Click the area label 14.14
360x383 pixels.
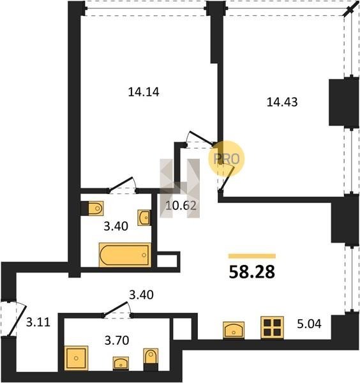[x=144, y=92]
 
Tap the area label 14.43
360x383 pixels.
[x=282, y=102]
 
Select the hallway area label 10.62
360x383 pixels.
[x=181, y=206]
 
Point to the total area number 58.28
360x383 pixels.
[x=252, y=272]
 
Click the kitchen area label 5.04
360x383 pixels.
[x=309, y=324]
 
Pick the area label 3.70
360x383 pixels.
[x=117, y=340]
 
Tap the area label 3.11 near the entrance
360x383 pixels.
[x=38, y=322]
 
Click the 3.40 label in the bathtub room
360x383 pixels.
[x=116, y=227]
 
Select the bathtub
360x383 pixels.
[x=125, y=255]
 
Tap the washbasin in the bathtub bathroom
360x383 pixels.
[x=144, y=218]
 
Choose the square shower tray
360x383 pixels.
[x=76, y=358]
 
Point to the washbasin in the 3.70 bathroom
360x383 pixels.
[x=121, y=363]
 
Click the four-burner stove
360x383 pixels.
[x=272, y=327]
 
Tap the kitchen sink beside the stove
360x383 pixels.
[x=234, y=330]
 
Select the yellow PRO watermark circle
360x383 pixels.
[x=226, y=159]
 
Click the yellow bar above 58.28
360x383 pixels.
[x=252, y=256]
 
